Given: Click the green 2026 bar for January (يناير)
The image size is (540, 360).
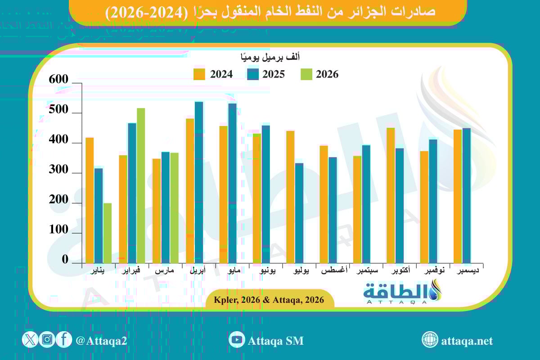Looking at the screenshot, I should click(x=108, y=233).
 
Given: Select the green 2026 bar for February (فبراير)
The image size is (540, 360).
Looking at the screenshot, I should click(x=141, y=185).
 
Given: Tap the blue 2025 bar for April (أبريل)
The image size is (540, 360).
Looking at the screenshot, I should click(x=199, y=182).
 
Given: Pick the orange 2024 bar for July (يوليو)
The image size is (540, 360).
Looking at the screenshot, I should click(x=290, y=197).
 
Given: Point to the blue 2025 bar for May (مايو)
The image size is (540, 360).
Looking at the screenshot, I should click(x=232, y=183).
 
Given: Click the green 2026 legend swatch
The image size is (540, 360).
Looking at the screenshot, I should click(x=306, y=74).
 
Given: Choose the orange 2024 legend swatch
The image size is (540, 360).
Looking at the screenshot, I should click(x=199, y=74).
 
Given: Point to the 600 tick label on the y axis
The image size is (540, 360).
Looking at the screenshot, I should click(x=59, y=80).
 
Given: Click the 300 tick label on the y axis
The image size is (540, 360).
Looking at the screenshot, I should click(x=59, y=171).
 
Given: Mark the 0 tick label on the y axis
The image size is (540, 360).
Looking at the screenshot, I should click(x=65, y=260).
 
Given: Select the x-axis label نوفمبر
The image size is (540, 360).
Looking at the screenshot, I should click(x=435, y=272).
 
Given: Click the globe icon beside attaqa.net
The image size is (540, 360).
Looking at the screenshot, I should click(x=430, y=340).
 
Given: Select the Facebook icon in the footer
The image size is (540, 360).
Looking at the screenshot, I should click(x=64, y=340).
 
